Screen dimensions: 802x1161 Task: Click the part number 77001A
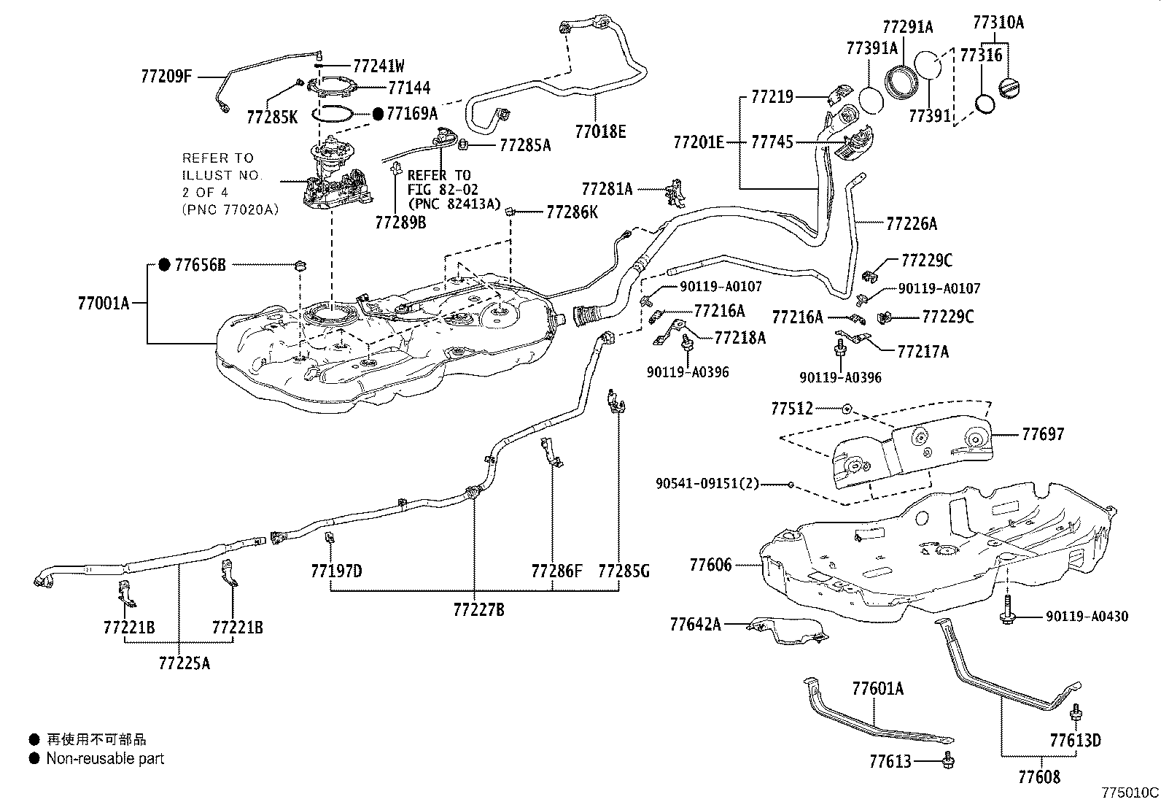coord(103,302)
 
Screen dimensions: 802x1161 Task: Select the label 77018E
coord(600,131)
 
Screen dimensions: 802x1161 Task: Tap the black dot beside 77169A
coord(378,114)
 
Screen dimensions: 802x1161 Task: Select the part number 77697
coord(1043,435)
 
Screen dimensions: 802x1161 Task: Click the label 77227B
coord(478,609)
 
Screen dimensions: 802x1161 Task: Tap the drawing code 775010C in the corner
coord(1130,792)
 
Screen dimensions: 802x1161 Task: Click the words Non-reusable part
coord(105,759)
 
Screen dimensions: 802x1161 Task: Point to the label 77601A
coord(877,688)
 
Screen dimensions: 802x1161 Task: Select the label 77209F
coord(166,75)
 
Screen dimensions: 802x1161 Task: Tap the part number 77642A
coord(696,624)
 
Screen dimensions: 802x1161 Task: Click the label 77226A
coord(912,223)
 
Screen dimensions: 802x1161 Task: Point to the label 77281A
coord(607,189)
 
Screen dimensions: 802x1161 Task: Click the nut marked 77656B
coord(300,265)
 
